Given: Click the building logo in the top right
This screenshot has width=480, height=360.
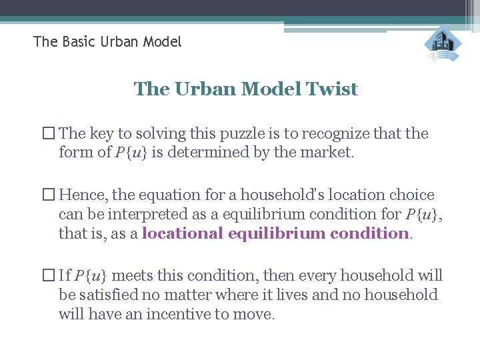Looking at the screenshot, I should pyautogui.click(x=443, y=43).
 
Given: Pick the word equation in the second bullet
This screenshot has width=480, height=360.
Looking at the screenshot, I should pyautogui.click(x=170, y=195).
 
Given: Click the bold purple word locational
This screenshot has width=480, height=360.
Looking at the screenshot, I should pyautogui.click(x=183, y=233).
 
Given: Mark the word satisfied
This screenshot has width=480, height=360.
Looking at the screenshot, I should pyautogui.click(x=109, y=295).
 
